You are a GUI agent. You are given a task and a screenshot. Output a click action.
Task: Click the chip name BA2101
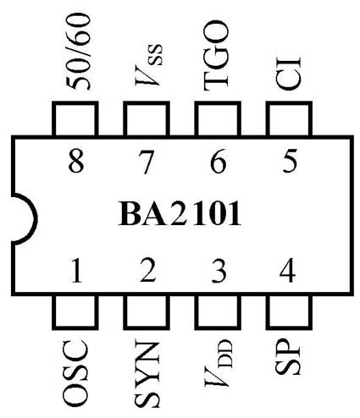click(179, 214)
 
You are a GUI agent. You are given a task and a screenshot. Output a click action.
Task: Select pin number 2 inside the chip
click(148, 272)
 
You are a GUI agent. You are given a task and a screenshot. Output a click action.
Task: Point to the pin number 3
click(219, 272)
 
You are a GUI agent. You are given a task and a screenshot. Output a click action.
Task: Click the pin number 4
click(288, 272)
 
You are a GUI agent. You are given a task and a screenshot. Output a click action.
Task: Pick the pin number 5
click(290, 160)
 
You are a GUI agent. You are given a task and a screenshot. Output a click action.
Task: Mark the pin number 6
click(219, 160)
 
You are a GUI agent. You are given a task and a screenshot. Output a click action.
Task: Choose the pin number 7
click(148, 160)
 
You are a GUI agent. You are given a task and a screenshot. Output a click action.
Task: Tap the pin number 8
click(77, 160)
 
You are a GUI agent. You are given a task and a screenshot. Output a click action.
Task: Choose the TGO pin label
click(217, 61)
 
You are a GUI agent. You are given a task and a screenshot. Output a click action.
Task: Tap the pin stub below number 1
click(76, 311)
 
